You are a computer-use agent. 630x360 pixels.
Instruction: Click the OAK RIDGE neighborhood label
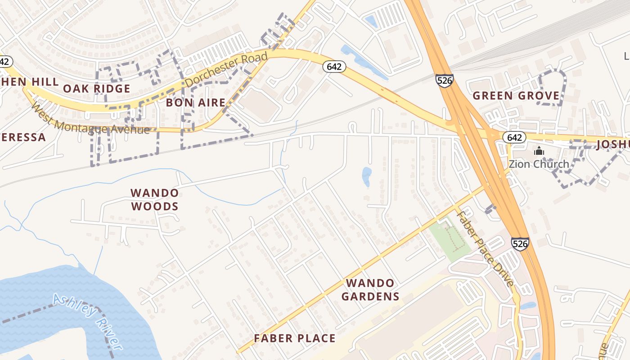(x=96, y=88)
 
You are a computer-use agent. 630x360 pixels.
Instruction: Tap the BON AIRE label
(x=195, y=103)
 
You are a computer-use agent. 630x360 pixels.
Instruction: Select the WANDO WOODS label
(x=154, y=199)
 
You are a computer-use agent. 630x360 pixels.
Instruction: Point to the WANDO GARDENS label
(x=370, y=289)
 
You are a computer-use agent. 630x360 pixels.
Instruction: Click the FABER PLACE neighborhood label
(x=294, y=338)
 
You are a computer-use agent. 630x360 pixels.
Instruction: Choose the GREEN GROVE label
(x=516, y=95)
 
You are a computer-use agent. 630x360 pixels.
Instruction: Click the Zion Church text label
(x=539, y=164)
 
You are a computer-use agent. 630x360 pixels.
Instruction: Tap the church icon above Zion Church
(x=539, y=151)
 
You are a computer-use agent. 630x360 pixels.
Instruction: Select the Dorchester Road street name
(x=226, y=70)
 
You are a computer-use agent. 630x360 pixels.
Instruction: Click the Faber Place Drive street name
(x=485, y=248)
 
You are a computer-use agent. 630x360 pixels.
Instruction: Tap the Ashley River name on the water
(x=87, y=321)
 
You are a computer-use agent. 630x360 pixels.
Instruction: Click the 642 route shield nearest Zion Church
(x=514, y=137)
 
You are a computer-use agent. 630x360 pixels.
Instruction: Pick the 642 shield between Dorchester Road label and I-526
(x=334, y=67)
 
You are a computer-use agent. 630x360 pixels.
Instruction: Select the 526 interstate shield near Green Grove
(x=444, y=81)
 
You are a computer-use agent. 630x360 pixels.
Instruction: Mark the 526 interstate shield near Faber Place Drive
(x=520, y=243)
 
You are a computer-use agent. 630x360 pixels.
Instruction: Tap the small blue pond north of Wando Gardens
(x=367, y=176)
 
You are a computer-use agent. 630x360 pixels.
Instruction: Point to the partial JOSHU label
(x=613, y=144)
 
